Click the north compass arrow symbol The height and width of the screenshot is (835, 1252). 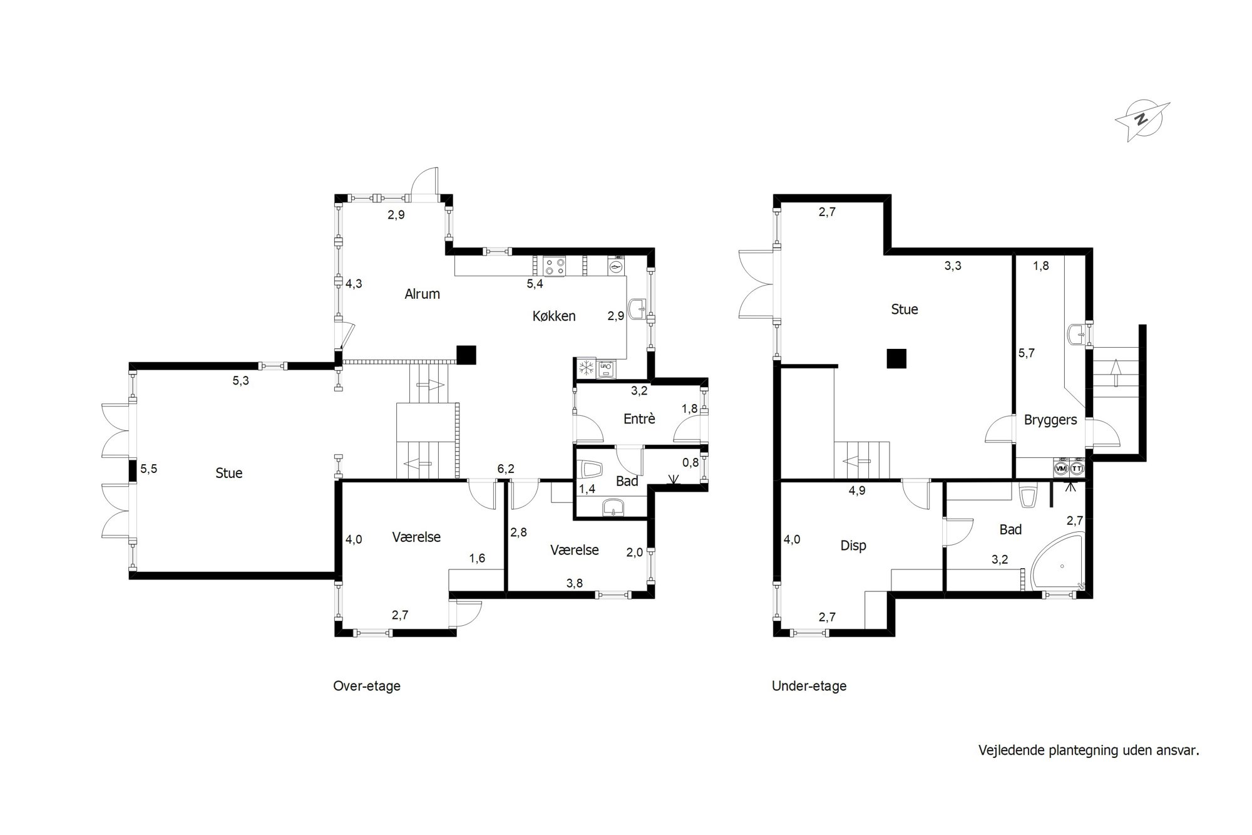pyautogui.click(x=1142, y=121)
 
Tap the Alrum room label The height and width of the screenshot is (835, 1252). pyautogui.click(x=422, y=294)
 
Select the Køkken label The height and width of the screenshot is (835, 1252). pyautogui.click(x=554, y=316)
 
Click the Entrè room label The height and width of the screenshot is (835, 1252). pyautogui.click(x=639, y=419)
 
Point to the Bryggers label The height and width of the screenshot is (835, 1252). pyautogui.click(x=1050, y=420)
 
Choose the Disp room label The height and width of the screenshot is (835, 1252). pyautogui.click(x=853, y=546)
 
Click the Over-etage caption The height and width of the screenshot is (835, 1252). pyautogui.click(x=367, y=686)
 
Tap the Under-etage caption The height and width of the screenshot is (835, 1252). pyautogui.click(x=809, y=686)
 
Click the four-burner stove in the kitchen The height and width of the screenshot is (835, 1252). pyautogui.click(x=554, y=266)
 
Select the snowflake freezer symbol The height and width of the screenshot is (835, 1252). pyautogui.click(x=587, y=368)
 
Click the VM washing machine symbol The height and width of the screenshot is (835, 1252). pyautogui.click(x=1061, y=469)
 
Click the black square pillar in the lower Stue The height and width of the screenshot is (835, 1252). pyautogui.click(x=897, y=358)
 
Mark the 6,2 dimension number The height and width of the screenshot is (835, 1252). pyautogui.click(x=506, y=468)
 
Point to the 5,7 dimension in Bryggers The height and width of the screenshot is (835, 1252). pyautogui.click(x=1027, y=353)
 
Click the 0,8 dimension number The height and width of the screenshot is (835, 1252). pyautogui.click(x=690, y=462)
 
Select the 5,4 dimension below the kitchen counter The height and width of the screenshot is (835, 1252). pyautogui.click(x=535, y=284)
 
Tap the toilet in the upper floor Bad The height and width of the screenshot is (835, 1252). pyautogui.click(x=591, y=469)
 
